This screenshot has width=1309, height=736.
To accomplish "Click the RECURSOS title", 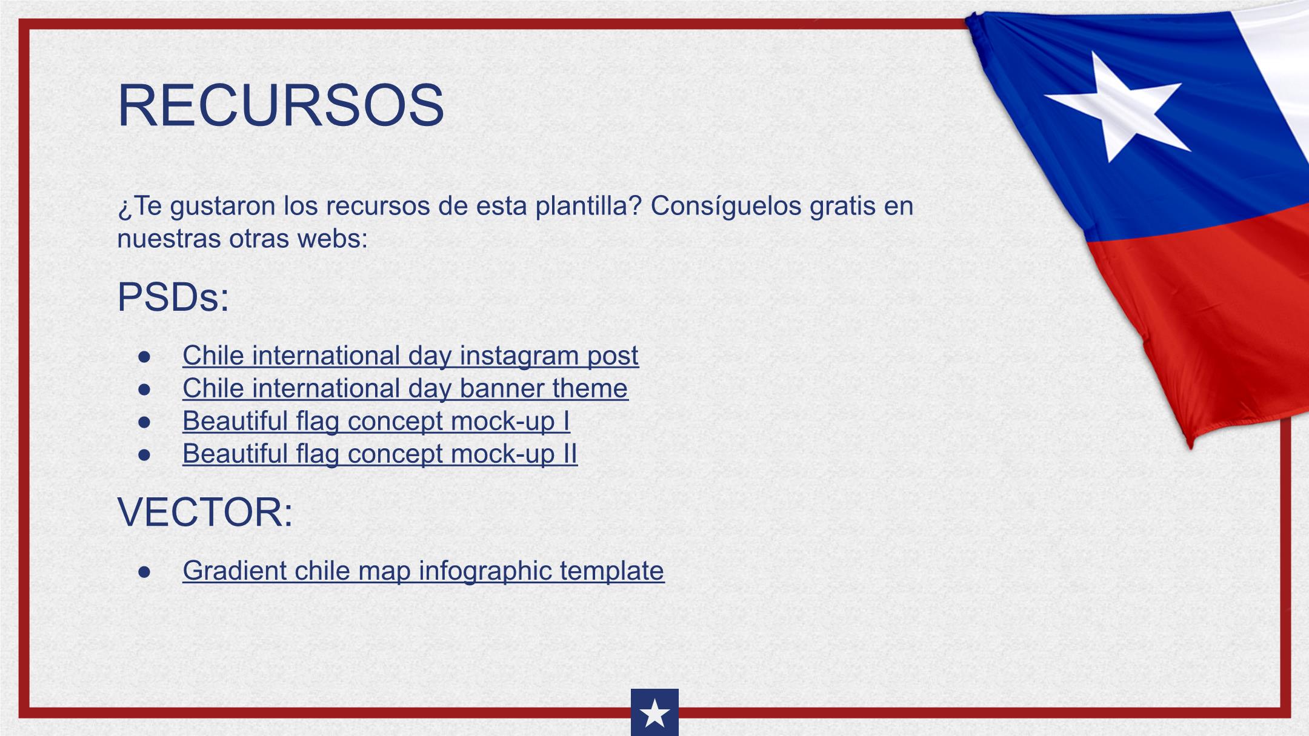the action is click(281, 105).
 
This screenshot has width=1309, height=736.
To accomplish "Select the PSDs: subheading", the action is click(173, 297).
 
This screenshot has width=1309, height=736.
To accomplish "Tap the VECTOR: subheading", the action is click(205, 512).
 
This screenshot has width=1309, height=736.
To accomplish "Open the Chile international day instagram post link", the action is click(410, 356).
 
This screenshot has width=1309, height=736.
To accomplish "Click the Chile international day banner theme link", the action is click(405, 388).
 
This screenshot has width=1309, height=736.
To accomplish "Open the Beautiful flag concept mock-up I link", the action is click(376, 421).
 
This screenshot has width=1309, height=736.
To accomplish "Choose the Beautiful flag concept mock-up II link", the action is click(380, 454).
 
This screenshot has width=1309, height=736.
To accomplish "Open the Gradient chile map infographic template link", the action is click(423, 571).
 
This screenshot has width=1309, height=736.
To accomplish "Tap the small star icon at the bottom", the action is click(654, 713).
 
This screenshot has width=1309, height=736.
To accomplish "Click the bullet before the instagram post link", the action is click(144, 357).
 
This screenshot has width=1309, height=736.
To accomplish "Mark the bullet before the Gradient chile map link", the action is click(144, 572).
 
